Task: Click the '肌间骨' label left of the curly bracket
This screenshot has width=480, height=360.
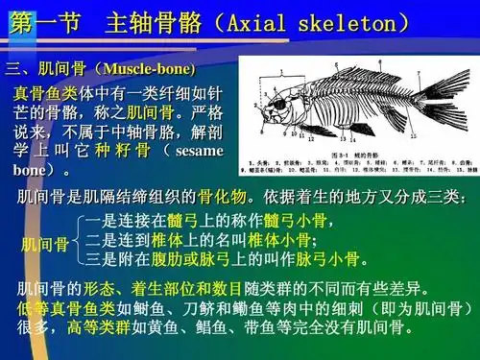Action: (x=44, y=245)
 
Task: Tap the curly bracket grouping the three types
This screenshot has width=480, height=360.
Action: (x=77, y=241)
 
